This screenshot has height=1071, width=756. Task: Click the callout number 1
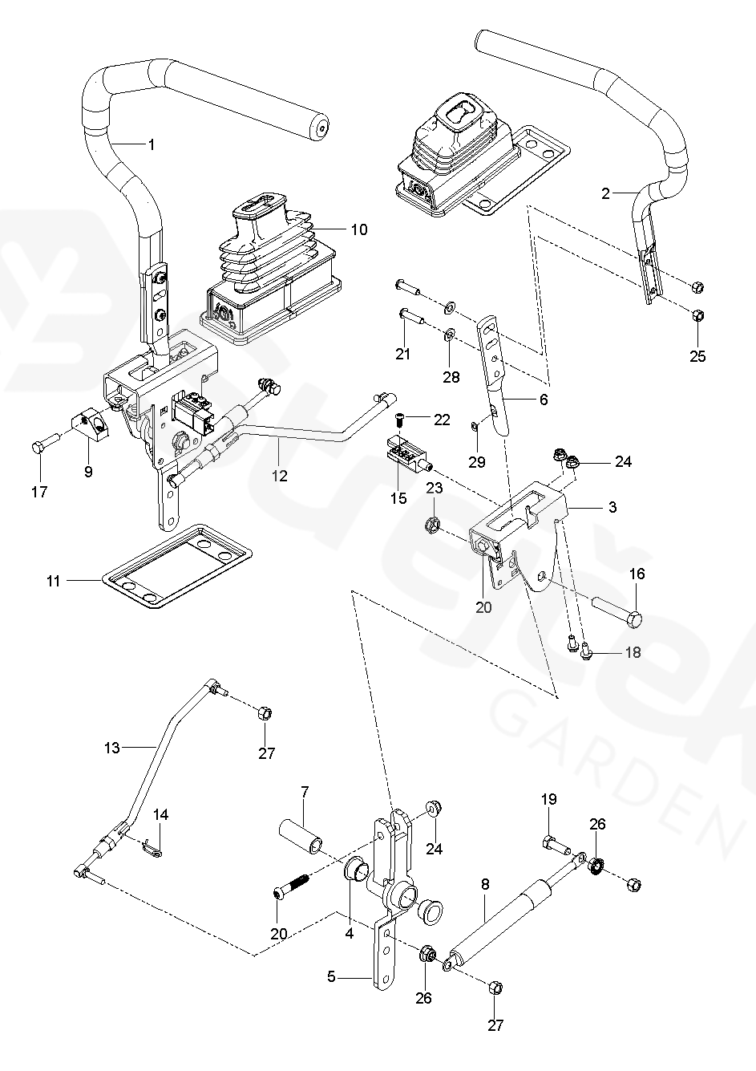click(x=151, y=144)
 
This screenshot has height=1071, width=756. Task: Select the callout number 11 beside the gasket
click(x=54, y=580)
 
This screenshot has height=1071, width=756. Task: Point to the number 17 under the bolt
click(x=38, y=491)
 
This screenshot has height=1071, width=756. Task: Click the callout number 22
click(x=442, y=420)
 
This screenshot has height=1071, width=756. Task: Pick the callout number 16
click(x=637, y=574)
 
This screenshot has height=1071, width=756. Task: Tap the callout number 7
click(x=305, y=793)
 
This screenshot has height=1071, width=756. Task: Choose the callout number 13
click(x=111, y=748)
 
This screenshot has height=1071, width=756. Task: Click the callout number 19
click(x=548, y=799)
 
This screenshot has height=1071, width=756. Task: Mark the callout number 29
click(x=477, y=462)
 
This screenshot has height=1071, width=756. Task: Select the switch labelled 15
click(x=408, y=452)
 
